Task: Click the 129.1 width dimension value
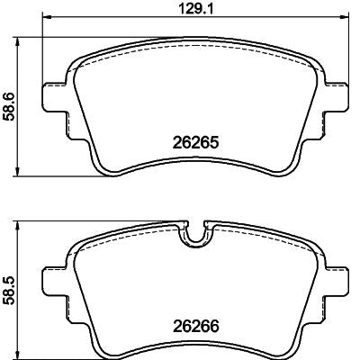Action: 195,8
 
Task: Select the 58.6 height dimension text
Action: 9,107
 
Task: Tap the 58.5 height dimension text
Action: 9,291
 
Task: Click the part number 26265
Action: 195,143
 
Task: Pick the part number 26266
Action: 195,326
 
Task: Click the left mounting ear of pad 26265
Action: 54,96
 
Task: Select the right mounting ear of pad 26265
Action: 337,96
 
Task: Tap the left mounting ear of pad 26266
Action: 54,280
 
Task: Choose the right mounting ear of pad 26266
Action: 337,280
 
